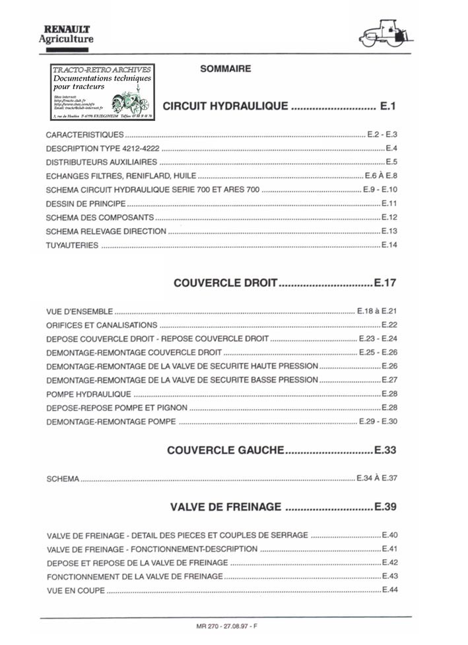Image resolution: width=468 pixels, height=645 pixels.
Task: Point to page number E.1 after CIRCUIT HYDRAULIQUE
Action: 387,106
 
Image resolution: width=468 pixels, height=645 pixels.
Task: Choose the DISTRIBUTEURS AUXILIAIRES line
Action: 102,162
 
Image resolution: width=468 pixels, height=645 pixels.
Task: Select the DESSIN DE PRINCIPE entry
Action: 86,204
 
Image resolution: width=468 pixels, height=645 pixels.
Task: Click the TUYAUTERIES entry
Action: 73,246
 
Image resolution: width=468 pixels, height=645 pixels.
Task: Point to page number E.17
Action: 384,283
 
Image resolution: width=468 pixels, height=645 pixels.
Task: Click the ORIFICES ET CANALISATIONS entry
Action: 102,325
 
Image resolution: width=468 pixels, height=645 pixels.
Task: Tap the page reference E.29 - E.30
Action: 377,422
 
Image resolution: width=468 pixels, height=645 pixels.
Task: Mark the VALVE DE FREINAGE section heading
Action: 226,507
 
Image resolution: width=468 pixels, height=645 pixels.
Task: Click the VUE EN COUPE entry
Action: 76,590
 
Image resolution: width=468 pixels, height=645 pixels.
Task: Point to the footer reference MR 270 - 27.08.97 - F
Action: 225,626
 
